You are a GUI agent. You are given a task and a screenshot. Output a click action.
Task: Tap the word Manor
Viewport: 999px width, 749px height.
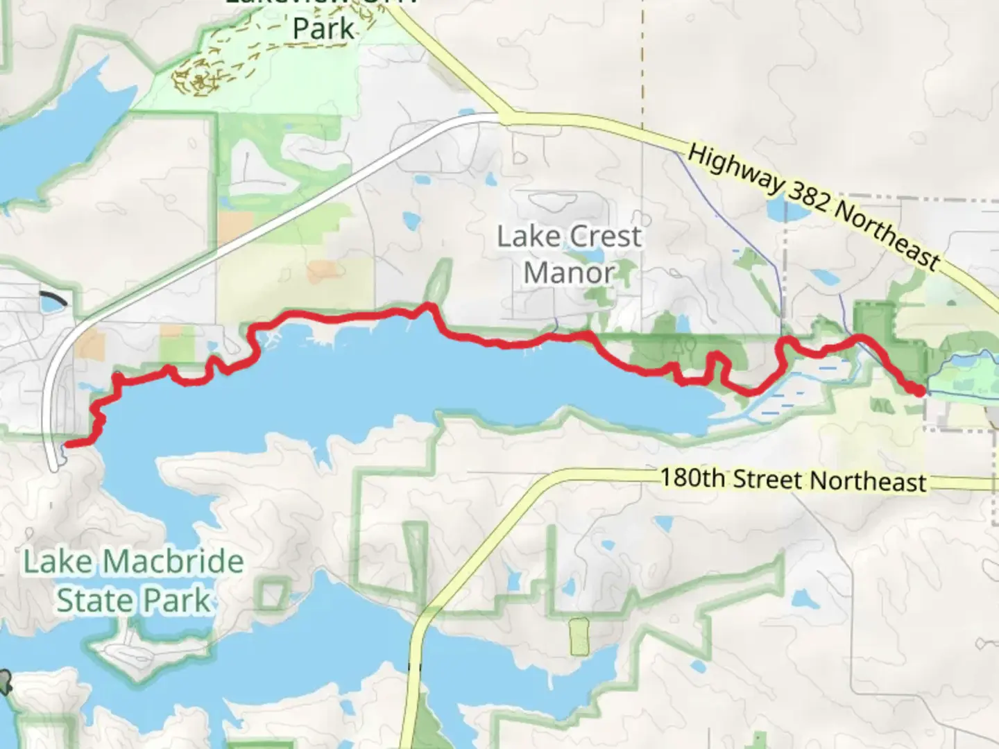tap(569, 273)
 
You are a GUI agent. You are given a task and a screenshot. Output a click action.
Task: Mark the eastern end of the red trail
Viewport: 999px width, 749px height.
tap(920, 392)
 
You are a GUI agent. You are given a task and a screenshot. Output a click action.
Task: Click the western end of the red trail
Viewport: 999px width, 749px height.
tap(66, 445)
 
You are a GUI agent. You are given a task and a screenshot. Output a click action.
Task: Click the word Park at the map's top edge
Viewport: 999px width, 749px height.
tap(323, 28)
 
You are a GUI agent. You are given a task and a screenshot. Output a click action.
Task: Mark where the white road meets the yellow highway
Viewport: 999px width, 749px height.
tap(501, 119)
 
